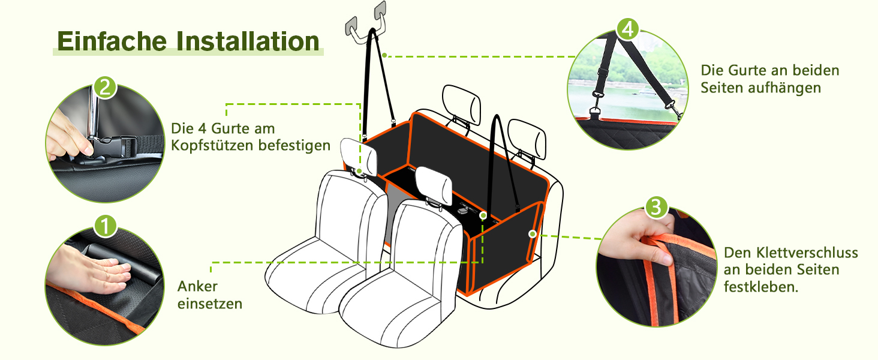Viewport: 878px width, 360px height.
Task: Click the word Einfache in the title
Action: (112, 41)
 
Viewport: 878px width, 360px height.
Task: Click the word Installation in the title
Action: (248, 41)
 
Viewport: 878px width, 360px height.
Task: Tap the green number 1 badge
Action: (105, 226)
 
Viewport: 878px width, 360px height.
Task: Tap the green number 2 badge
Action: (105, 88)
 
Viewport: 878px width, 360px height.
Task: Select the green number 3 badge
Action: (656, 207)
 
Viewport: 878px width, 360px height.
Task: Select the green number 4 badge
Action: (627, 29)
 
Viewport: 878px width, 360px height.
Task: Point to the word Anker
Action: (197, 286)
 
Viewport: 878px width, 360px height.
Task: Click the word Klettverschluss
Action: (791, 253)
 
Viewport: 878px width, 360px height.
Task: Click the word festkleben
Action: (761, 287)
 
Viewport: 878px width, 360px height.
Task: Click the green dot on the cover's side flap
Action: (533, 234)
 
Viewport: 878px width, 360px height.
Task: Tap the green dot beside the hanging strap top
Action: (384, 55)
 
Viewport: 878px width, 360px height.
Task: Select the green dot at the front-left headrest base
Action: (359, 172)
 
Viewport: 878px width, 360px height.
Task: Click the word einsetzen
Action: (210, 304)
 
